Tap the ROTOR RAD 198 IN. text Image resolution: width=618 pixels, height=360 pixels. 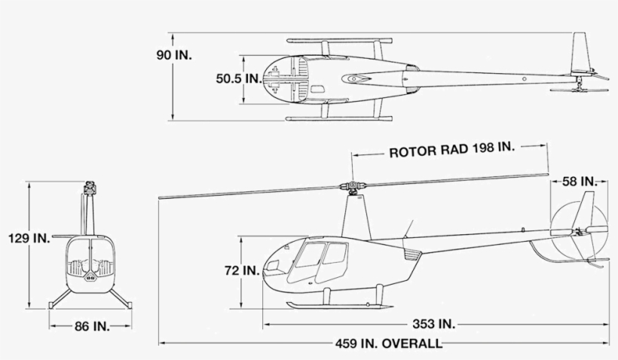(x=451, y=150)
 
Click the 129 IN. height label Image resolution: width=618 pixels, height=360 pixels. (x=29, y=239)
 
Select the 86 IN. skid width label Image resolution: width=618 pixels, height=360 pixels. (x=91, y=326)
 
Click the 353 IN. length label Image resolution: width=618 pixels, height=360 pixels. (x=436, y=324)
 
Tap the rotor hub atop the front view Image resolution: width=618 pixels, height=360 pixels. (x=90, y=186)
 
